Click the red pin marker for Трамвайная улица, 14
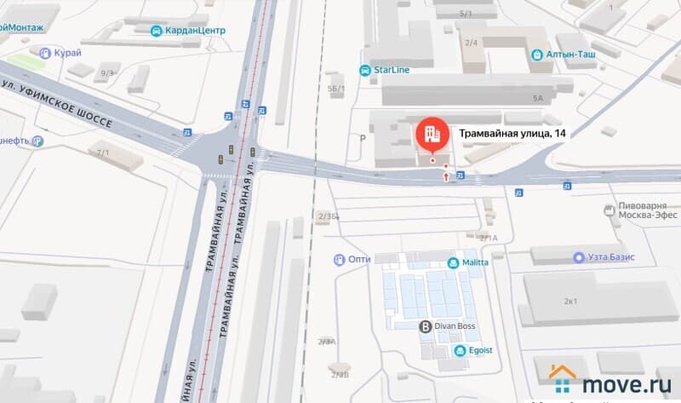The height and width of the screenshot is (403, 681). tap(431, 132)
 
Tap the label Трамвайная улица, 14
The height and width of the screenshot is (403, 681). tap(512, 133)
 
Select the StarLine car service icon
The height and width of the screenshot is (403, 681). tap(365, 71)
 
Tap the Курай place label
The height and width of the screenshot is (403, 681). tap(67, 53)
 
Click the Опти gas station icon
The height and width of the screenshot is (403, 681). tap(340, 259)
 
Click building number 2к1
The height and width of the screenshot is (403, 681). tap(570, 301)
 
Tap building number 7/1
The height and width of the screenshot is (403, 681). tap(103, 153)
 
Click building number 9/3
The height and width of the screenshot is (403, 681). tap(107, 74)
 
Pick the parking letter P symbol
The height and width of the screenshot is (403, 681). tap(363, 137)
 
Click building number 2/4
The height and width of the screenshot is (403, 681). tap(471, 42)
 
